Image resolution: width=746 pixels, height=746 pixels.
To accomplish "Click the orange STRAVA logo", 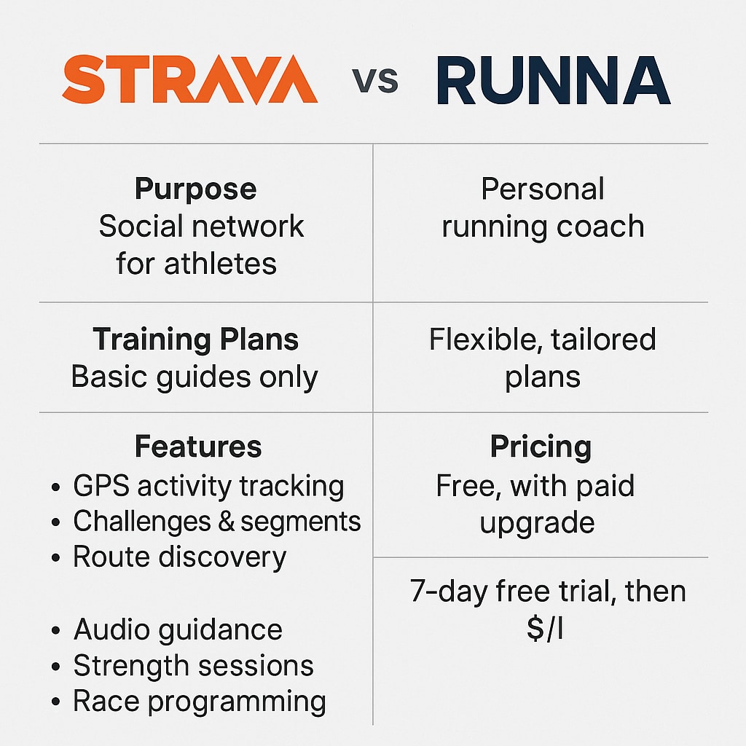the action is pyautogui.click(x=190, y=79).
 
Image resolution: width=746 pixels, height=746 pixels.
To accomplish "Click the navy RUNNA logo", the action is pyautogui.click(x=554, y=80).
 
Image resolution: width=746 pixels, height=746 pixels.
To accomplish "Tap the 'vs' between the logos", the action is pyautogui.click(x=375, y=80).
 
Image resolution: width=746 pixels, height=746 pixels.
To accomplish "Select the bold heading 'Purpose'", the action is pyautogui.click(x=195, y=189).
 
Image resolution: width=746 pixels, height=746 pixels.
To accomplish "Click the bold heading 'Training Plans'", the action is pyautogui.click(x=195, y=339).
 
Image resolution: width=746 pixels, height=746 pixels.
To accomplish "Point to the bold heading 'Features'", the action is pyautogui.click(x=198, y=447).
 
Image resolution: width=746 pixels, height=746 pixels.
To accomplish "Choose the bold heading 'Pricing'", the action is pyautogui.click(x=541, y=447).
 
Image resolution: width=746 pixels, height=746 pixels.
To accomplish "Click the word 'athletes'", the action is pyautogui.click(x=220, y=264).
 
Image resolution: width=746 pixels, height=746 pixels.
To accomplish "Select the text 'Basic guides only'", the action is pyautogui.click(x=195, y=377).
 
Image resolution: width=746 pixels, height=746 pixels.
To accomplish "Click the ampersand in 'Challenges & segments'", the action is pyautogui.click(x=227, y=522).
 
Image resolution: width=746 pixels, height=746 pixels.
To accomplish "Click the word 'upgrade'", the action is pyautogui.click(x=537, y=523).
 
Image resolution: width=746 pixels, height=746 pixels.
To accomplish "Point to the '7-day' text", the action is pyautogui.click(x=449, y=592).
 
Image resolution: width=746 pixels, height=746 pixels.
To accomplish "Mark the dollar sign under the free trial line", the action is pyautogui.click(x=535, y=628).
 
